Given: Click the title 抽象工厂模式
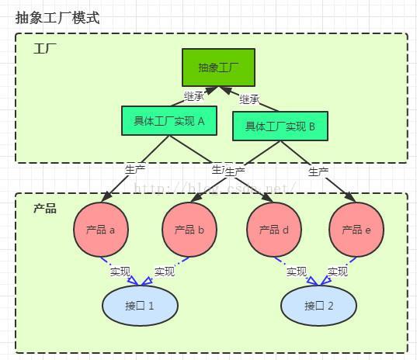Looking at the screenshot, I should coord(57,17).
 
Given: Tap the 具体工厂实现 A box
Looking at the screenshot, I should coord(169,121).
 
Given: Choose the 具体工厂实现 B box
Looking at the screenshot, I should coord(280,126).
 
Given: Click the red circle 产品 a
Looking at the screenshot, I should coord(100,230).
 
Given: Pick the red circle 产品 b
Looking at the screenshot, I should coord(189,230).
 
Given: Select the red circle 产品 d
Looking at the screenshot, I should coord(274,230).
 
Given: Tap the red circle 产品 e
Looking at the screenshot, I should coord(356,230).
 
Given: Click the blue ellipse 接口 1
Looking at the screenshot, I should coord(140,305).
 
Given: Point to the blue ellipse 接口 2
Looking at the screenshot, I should coord(318,305).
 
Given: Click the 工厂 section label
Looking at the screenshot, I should coord(44,50).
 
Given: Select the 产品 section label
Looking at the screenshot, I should coord(44,209).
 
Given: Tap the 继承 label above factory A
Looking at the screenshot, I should coord(193,96).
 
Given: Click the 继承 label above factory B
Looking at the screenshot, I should coord(249,99).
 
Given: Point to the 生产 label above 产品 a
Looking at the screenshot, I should coord(135,168).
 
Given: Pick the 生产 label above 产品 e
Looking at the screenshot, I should coord(318,171).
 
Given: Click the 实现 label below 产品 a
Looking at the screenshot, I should coord(120,272).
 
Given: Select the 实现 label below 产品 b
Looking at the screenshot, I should coord(165,272).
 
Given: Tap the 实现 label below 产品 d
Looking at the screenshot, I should coord(297,272).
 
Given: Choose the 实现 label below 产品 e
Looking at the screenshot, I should coord(338,272).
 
